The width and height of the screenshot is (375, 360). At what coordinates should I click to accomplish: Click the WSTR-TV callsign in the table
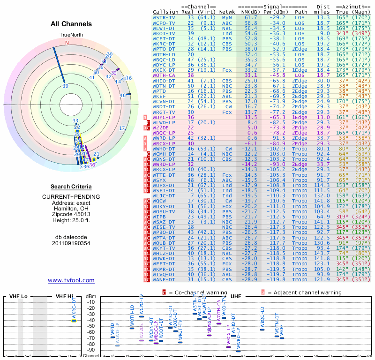click(164, 18)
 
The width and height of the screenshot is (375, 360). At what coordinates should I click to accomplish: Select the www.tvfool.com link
click(71, 280)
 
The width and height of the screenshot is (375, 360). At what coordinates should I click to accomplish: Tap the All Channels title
click(71, 24)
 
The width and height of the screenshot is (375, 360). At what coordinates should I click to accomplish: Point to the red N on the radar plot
click(67, 43)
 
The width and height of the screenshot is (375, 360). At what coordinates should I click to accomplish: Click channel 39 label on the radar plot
click(66, 86)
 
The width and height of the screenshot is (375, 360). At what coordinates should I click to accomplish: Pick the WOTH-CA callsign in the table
click(164, 75)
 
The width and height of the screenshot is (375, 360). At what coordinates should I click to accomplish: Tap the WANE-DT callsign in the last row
click(164, 279)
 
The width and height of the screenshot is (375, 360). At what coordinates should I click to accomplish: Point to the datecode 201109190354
click(71, 243)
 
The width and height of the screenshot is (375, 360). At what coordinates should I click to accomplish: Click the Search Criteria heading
click(71, 186)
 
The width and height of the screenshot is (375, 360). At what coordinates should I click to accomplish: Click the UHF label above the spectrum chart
click(236, 296)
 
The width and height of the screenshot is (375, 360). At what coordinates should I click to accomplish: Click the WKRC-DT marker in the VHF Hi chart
click(74, 321)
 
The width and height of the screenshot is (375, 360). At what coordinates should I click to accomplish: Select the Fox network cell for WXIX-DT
click(227, 69)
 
